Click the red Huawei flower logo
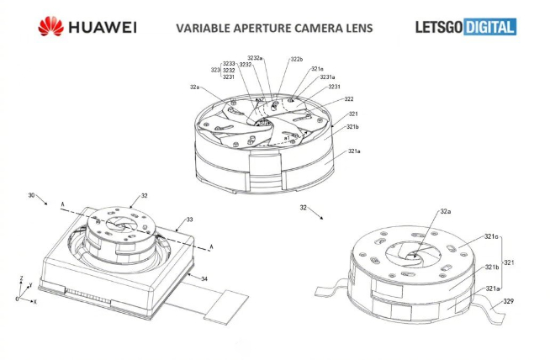[50, 28]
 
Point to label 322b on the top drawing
[297, 60]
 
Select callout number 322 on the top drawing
[348, 99]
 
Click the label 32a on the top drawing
[195, 87]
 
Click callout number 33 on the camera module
[190, 220]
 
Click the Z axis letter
[21, 278]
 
